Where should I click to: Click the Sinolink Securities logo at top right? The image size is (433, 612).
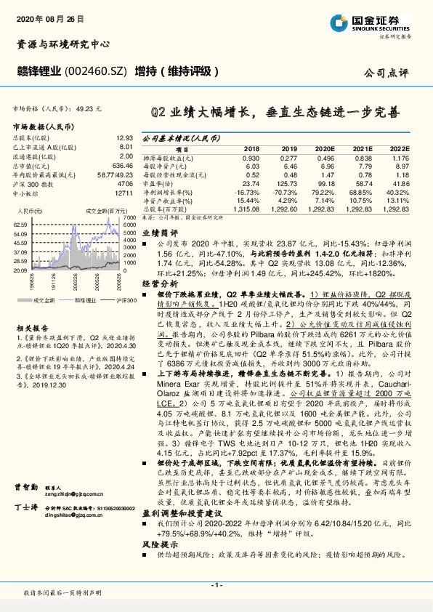click(x=378, y=23)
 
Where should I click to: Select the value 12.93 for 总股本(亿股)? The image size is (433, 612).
click(x=124, y=137)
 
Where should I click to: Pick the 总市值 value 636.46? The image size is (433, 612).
click(x=123, y=165)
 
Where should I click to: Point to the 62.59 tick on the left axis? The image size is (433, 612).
click(x=21, y=225)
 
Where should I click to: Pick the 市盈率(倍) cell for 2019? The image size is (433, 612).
click(x=288, y=184)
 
